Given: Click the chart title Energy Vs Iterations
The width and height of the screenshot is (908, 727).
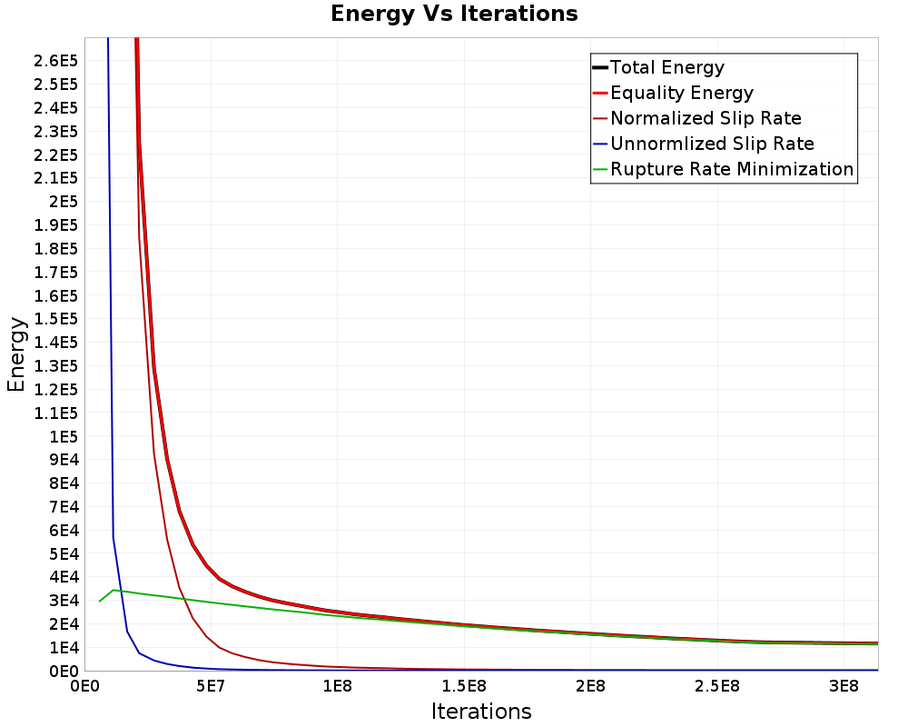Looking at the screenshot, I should (x=454, y=15).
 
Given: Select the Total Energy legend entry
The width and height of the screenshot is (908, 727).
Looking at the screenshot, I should (x=666, y=67).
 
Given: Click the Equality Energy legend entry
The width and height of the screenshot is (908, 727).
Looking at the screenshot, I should (x=681, y=93).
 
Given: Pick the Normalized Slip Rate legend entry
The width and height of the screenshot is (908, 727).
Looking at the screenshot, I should (x=706, y=118).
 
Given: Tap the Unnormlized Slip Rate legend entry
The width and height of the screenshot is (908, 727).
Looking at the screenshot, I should (x=712, y=144).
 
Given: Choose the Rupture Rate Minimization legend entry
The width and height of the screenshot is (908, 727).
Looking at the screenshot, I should (x=732, y=169).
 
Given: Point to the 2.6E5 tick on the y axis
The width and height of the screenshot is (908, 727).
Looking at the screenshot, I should (x=55, y=61).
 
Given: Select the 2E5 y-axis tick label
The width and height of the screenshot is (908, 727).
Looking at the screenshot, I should (x=63, y=202).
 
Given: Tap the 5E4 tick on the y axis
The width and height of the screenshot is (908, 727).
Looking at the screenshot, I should (x=63, y=554).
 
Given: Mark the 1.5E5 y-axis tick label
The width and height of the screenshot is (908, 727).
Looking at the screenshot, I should (x=55, y=319).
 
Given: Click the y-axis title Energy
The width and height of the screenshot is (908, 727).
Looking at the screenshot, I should (x=16, y=354).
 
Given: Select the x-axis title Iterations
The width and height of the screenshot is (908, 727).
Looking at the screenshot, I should (x=481, y=711).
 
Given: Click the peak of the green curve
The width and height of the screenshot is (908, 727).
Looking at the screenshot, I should (x=113, y=590).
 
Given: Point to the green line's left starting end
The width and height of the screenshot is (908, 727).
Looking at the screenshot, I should (x=99, y=601).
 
